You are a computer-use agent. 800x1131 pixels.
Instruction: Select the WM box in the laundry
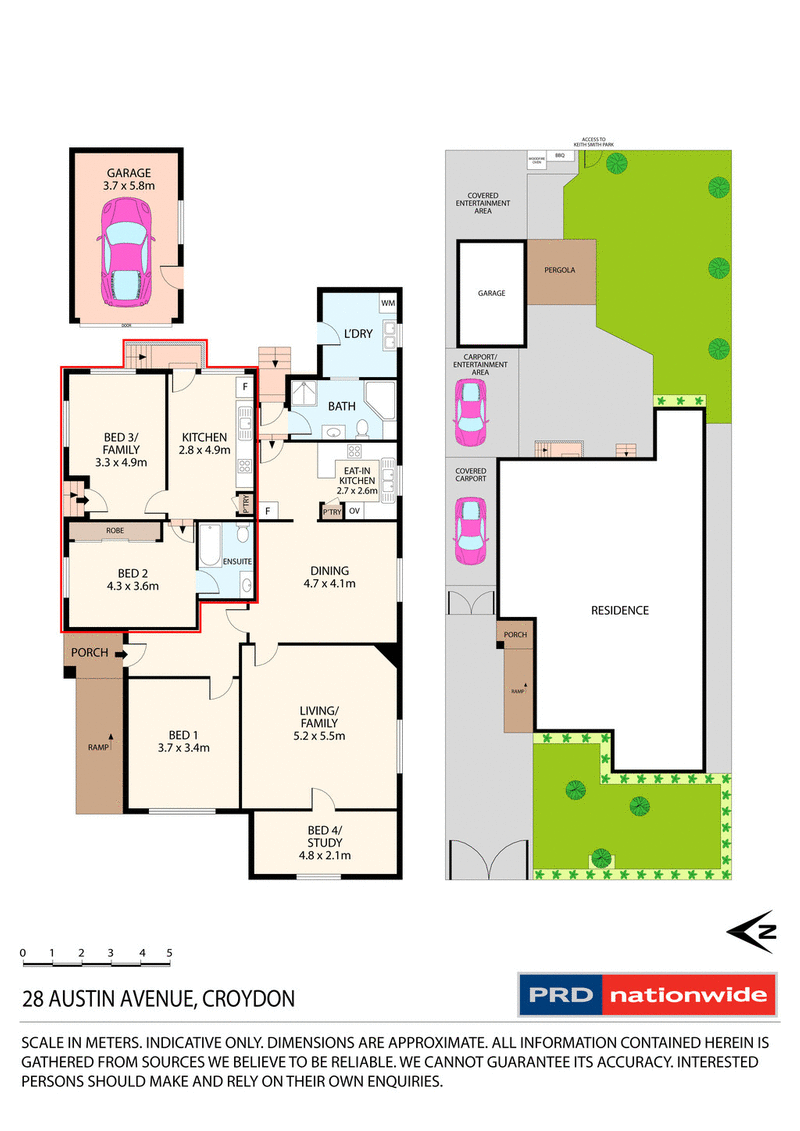387,302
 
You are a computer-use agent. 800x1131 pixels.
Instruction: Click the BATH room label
342,406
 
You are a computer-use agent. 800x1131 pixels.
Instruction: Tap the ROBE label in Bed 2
112,531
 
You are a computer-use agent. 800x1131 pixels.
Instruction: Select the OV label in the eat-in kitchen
354,512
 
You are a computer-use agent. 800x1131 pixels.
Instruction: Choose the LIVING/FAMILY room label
318,723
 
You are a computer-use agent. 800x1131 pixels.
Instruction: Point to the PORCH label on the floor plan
88,654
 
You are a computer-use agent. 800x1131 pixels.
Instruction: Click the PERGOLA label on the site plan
562,270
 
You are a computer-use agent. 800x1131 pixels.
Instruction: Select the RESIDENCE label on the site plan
619,610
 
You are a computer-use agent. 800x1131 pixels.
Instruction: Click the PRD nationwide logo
646,994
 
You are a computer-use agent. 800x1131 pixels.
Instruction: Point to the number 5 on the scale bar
170,953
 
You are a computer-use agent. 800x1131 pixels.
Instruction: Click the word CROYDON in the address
247,998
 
